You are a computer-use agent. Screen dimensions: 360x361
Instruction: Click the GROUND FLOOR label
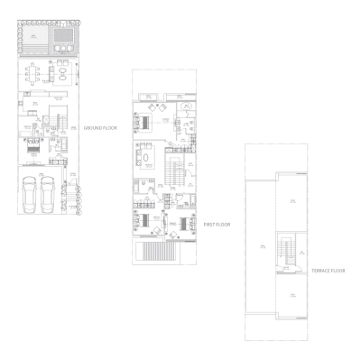(102, 129)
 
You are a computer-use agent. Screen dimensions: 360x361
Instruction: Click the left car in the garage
(29, 193)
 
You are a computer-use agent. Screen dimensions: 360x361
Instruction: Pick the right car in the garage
(49, 193)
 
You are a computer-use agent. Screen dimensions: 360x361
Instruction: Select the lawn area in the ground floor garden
(34, 38)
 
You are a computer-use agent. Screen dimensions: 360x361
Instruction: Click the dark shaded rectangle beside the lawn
(63, 38)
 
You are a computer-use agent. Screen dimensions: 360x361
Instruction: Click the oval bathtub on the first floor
(187, 106)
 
